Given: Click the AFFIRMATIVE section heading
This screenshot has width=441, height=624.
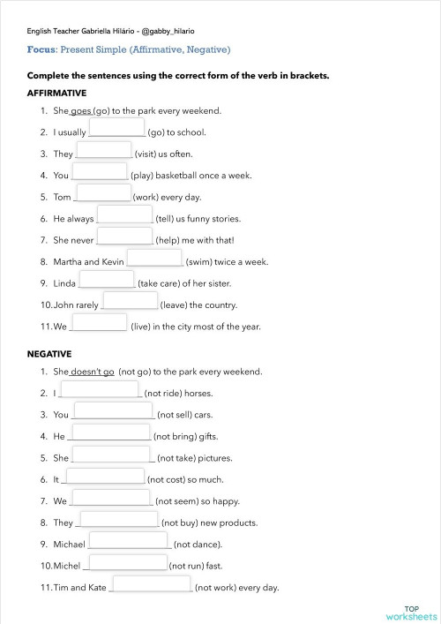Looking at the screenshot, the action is [x=56, y=93].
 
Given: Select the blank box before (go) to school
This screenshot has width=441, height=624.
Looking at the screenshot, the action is [x=117, y=129].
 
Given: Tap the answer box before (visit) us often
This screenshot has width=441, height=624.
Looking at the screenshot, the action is [x=104, y=150].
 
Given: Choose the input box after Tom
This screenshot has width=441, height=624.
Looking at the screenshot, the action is [x=104, y=193].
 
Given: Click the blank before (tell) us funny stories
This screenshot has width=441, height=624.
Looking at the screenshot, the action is [x=124, y=214].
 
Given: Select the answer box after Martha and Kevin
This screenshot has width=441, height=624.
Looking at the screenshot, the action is [x=155, y=258].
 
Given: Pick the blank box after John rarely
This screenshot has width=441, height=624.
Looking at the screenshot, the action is [x=130, y=301].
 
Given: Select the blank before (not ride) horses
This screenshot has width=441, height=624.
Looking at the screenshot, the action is [x=101, y=389].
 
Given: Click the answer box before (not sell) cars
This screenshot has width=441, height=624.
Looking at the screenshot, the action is [x=114, y=410].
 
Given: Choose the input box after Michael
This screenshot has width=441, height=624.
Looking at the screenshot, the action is [x=129, y=540].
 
